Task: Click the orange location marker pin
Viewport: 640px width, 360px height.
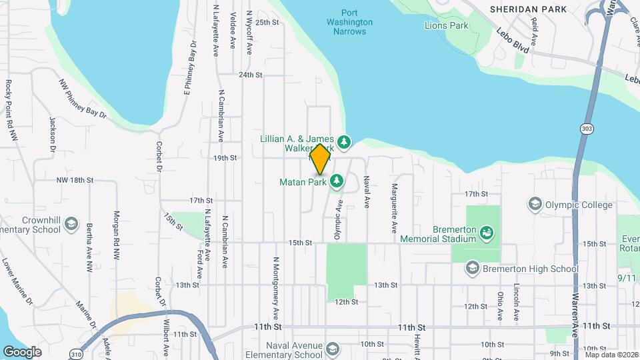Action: coord(320,159)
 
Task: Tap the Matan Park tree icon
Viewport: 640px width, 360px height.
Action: coord(337,181)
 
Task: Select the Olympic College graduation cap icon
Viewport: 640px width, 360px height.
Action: coord(534,203)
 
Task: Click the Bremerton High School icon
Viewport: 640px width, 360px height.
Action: coord(472,268)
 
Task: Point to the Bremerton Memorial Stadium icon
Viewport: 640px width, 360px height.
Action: coord(488,232)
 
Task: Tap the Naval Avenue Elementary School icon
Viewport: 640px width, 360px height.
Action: coord(333,347)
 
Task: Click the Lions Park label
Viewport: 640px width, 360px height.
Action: coord(447,26)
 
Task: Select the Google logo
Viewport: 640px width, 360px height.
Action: coord(22,351)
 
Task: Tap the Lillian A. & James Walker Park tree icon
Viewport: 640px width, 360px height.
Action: coord(344,141)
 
